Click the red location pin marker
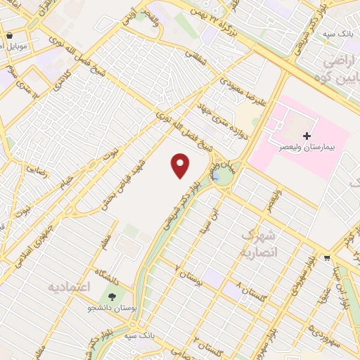tap(181, 165)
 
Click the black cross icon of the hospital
tap(306, 134)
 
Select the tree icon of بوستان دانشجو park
tap(112, 296)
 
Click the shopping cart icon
tap(327, 258)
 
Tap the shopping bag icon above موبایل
tap(8, 35)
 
